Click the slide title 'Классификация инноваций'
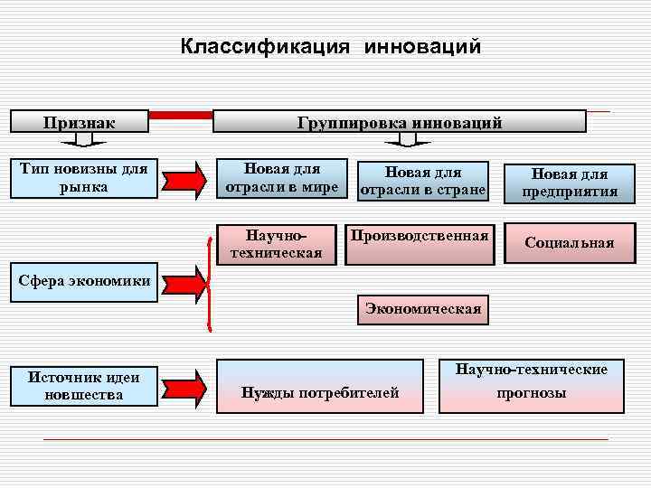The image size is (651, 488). (x=330, y=46)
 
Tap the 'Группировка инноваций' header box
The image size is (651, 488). (x=399, y=122)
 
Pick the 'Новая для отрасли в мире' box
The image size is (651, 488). (x=281, y=177)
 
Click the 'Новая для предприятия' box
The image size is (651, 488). (x=570, y=182)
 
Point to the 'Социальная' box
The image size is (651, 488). (x=570, y=242)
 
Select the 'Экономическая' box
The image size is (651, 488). (x=423, y=309)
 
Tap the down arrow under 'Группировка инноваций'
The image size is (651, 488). (x=413, y=139)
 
